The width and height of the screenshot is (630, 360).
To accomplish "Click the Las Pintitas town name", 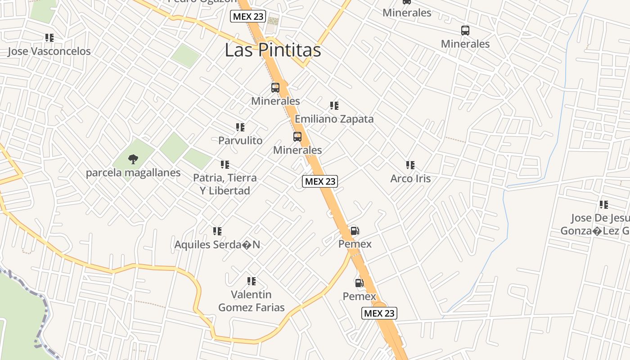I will (x=273, y=50).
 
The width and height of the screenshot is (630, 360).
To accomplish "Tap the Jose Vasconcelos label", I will (x=49, y=51).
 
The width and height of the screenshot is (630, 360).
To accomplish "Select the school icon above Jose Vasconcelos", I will (x=49, y=38).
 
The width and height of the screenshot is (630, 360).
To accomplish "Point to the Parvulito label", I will (x=240, y=140).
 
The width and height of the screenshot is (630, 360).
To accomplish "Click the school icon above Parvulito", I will (x=240, y=127).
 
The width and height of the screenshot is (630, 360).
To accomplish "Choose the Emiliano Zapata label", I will (x=334, y=119).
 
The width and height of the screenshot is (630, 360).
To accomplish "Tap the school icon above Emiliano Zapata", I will (x=334, y=106).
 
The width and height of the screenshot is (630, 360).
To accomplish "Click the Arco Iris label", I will (x=410, y=179).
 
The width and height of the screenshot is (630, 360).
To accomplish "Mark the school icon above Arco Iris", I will (x=410, y=165).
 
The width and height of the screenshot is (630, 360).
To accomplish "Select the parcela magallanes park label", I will (x=133, y=173).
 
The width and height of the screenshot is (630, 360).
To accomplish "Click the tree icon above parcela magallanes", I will (x=133, y=158).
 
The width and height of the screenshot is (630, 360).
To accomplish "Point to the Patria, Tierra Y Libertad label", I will (x=225, y=184).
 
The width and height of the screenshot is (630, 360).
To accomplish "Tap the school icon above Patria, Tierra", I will (x=225, y=165).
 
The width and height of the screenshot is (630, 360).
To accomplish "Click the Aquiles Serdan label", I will (x=217, y=245).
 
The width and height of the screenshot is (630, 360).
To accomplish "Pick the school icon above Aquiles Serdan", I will (x=217, y=231).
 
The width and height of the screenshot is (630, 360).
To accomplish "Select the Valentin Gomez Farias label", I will (x=252, y=301).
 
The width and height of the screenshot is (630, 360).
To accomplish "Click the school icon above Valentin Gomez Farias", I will (x=252, y=281).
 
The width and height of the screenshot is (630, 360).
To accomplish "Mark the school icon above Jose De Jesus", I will (x=604, y=205).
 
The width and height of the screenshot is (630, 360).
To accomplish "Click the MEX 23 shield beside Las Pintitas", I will (x=248, y=17).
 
